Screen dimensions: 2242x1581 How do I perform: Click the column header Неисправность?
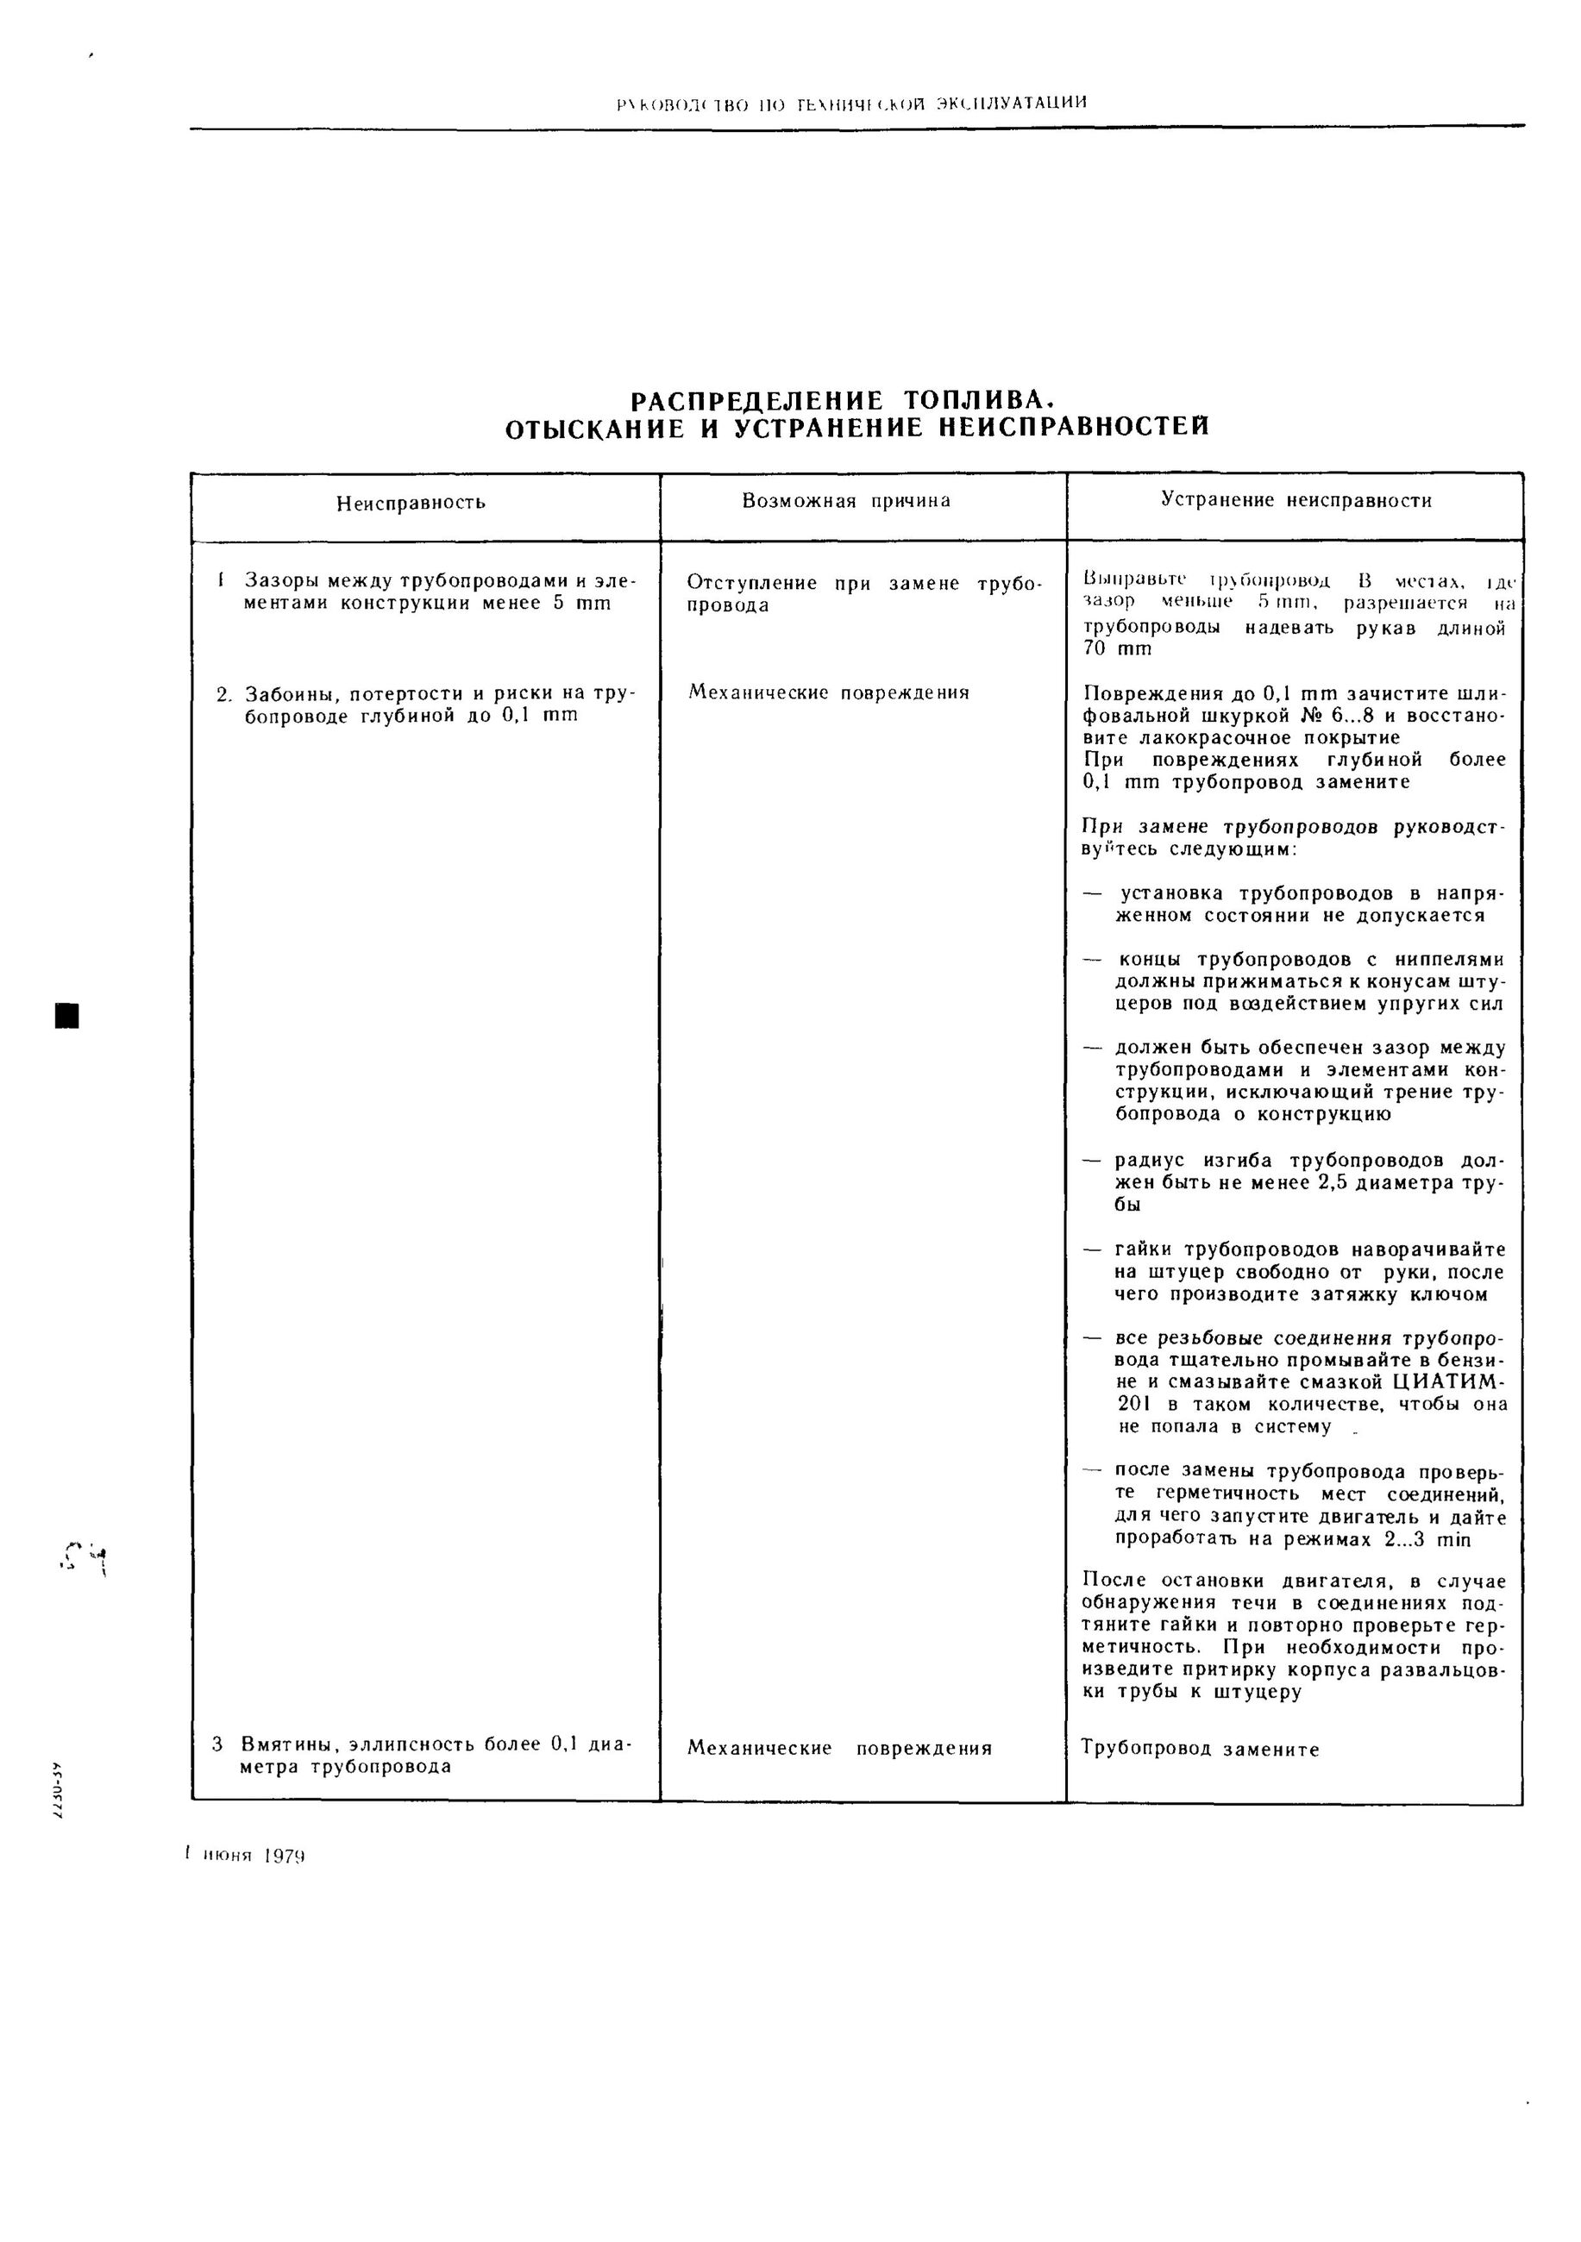[411, 503]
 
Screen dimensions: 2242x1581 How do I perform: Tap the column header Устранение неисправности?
[1296, 500]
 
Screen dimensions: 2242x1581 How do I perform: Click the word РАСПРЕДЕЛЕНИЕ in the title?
[756, 401]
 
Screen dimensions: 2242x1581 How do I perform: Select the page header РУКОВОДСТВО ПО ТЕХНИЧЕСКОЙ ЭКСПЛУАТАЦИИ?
[851, 103]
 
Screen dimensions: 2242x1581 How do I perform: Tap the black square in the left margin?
[66, 1015]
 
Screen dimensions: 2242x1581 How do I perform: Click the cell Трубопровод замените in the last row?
[1200, 1749]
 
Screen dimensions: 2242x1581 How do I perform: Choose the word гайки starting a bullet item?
[1145, 1249]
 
